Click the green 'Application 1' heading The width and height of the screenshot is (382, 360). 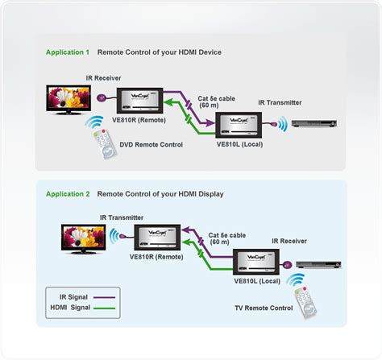point(68,52)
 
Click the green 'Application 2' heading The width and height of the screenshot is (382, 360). point(68,194)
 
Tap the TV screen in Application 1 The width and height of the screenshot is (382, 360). point(68,98)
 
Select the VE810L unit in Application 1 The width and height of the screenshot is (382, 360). point(240,125)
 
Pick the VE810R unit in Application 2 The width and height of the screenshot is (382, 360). point(157,238)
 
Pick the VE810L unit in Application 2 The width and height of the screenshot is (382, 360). point(257,263)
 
